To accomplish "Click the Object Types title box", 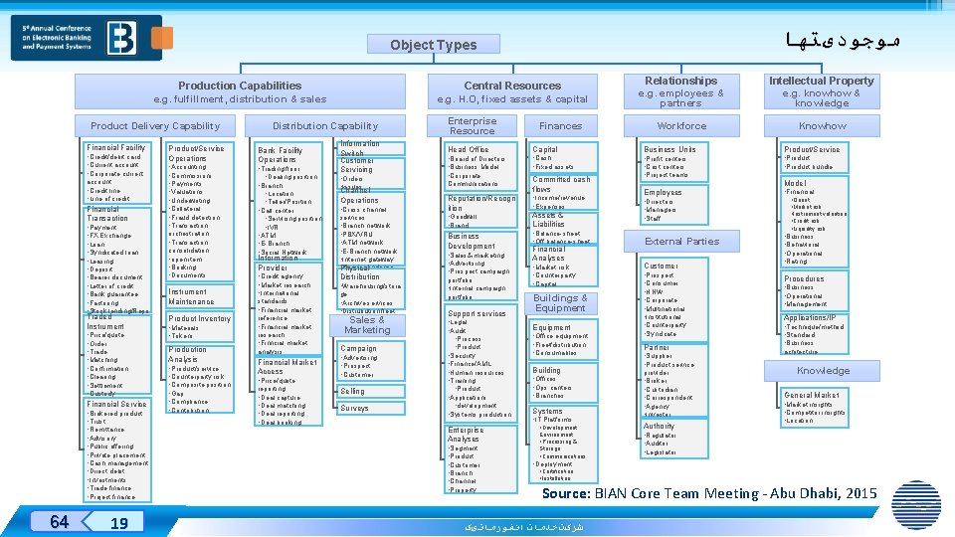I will [433, 45].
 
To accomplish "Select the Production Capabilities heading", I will [239, 86].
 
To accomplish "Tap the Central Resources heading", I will [512, 86].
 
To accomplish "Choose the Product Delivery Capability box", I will [155, 126].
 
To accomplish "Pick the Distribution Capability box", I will [325, 126].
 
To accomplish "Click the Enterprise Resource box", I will [472, 126].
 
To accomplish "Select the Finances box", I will [560, 126].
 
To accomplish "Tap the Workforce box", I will [681, 126].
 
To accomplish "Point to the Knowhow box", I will [823, 126].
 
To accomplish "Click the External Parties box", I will [681, 241].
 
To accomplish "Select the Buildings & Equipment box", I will [560, 303].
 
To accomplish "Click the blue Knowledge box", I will [823, 371].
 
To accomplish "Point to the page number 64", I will [59, 522].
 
